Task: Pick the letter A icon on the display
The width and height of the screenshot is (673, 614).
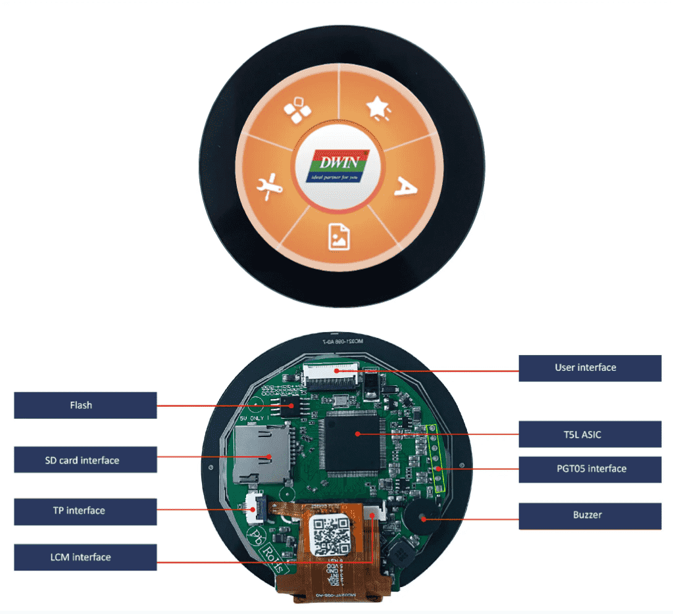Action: (x=406, y=188)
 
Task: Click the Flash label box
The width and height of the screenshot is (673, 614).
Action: (x=85, y=405)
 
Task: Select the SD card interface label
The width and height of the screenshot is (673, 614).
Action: (x=85, y=460)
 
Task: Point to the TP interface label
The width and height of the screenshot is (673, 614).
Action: (x=85, y=511)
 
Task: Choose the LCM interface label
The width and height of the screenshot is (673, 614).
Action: (x=85, y=557)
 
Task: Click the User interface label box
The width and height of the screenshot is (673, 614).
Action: (x=589, y=368)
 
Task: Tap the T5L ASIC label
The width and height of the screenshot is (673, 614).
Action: (x=589, y=435)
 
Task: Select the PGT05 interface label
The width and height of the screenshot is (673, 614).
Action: (x=589, y=469)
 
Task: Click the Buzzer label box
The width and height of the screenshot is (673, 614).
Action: (x=589, y=515)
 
